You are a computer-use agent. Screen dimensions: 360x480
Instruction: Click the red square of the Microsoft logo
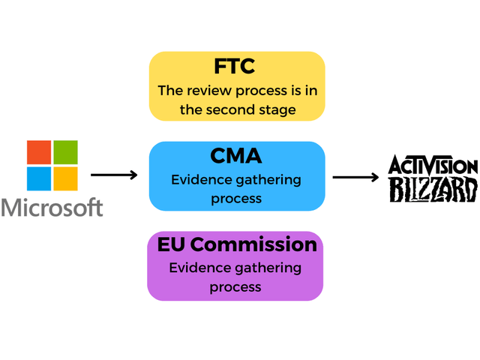[39, 152]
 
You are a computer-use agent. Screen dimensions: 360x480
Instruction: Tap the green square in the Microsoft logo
[66, 152]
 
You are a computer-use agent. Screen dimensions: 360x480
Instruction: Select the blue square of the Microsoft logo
[39, 178]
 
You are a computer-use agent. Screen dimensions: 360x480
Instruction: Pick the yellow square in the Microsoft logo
[66, 178]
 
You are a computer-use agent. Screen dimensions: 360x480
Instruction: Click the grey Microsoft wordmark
[52, 206]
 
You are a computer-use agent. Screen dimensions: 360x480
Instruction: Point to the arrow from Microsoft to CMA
[114, 175]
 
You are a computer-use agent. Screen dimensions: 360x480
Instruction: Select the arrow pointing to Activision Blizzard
[355, 178]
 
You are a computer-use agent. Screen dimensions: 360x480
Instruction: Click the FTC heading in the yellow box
[235, 67]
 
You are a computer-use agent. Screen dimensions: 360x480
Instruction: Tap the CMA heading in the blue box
[236, 156]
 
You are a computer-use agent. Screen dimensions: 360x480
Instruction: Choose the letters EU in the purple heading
[171, 244]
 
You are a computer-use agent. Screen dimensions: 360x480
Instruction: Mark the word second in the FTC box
[235, 109]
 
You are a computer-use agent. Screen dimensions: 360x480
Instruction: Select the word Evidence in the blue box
[198, 180]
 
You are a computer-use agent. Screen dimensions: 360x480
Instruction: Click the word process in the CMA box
[236, 199]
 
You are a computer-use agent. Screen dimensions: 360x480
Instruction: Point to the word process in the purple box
[235, 287]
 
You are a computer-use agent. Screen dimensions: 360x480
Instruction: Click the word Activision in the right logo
[432, 166]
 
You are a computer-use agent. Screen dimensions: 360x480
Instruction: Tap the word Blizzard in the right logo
[432, 189]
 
